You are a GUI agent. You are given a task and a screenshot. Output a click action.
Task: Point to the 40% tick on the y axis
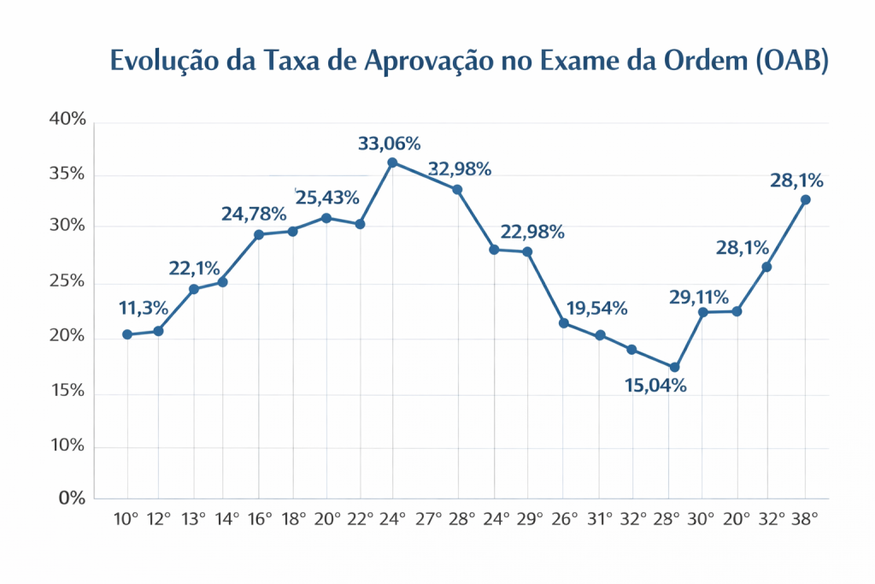(68, 120)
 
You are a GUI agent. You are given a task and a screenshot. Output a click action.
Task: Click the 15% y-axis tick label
(68, 391)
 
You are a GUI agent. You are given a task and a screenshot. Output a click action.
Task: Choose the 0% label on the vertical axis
(72, 498)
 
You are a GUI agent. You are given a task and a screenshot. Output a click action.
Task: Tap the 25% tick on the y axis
(68, 282)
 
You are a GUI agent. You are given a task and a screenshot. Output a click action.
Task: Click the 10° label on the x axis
(126, 519)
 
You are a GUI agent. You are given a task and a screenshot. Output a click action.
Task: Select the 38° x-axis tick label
(804, 519)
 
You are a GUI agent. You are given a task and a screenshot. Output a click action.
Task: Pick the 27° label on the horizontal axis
(428, 519)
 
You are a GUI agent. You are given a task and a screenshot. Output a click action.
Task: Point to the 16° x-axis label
(259, 519)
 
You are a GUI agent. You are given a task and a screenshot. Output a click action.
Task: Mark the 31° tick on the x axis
(599, 519)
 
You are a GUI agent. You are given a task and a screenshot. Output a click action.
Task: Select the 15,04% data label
(656, 386)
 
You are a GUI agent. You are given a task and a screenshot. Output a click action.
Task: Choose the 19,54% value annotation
(596, 308)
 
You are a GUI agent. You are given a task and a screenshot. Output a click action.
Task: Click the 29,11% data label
(698, 298)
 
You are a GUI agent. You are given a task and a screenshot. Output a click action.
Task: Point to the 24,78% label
(252, 214)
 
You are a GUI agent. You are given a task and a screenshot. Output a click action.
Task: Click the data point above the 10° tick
(127, 334)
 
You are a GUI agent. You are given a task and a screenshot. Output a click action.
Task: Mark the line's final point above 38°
(805, 199)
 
